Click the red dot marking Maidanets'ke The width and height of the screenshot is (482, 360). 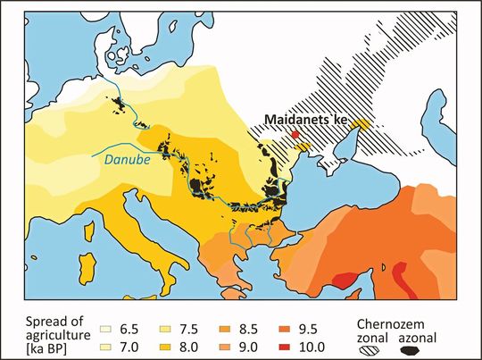coord(295,134)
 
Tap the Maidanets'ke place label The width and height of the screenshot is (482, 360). coord(307,118)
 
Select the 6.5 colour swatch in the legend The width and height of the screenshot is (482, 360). coord(112,315)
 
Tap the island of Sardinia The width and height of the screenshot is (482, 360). coord(87,266)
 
